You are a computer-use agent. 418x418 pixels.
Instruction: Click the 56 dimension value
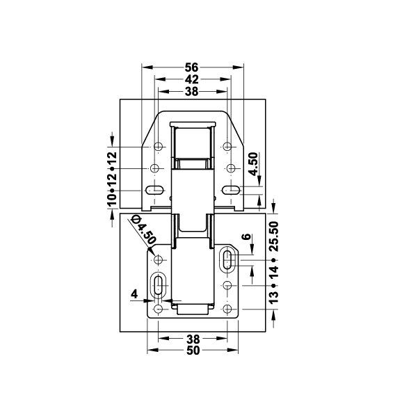(x=193, y=67)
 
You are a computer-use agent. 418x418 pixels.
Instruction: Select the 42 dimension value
(x=193, y=79)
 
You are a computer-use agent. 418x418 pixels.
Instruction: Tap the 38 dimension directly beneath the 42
(x=193, y=91)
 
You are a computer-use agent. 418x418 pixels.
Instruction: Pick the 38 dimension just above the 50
(x=193, y=339)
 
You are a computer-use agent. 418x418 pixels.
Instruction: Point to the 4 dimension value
(x=134, y=294)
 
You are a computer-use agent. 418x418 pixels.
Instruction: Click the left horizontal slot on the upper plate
(x=155, y=190)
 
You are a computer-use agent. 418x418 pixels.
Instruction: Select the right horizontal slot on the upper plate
(x=230, y=190)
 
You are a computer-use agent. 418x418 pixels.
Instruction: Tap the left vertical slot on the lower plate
(x=159, y=285)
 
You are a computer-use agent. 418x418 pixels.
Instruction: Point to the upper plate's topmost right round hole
(x=227, y=147)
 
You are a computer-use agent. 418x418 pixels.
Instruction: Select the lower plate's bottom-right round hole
(x=228, y=309)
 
